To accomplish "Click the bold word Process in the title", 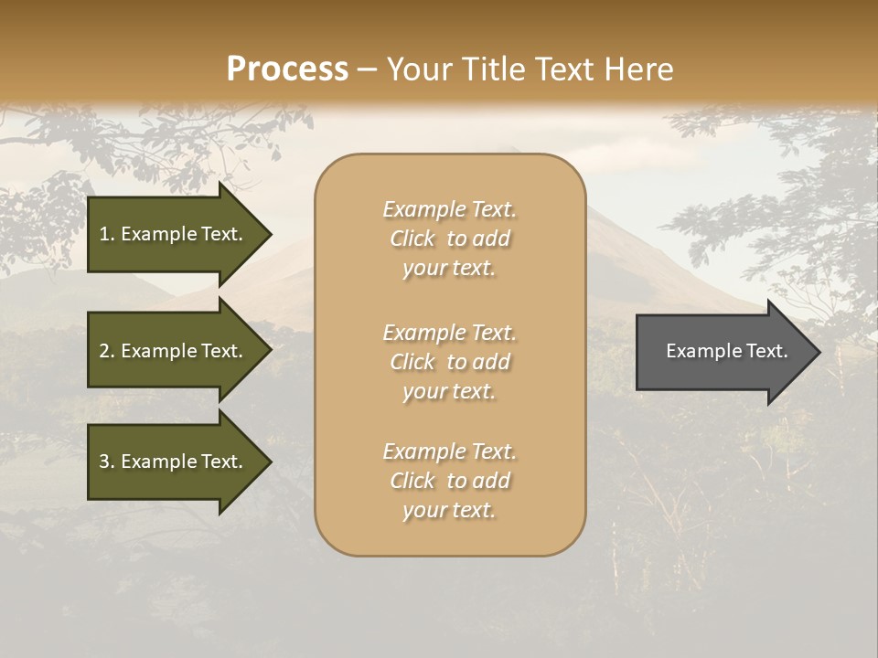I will pos(287,69).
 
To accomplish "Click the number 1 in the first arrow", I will pos(104,234).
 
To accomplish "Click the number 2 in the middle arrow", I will pos(104,351).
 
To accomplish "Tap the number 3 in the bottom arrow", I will pos(104,462).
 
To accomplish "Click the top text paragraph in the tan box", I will pos(449,239).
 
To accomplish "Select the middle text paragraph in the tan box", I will pos(449,362).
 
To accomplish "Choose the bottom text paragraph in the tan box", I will pos(449,481).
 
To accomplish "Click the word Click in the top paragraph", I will pos(412,239).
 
